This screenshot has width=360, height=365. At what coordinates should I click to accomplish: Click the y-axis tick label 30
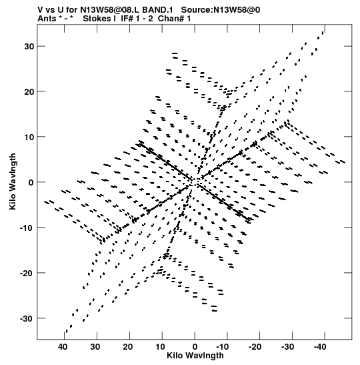[x=29, y=46]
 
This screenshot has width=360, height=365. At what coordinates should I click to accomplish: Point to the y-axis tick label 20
[x=29, y=91]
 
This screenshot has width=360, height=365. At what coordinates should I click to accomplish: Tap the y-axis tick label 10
[x=29, y=137]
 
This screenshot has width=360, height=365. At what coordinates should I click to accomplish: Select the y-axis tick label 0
[x=31, y=182]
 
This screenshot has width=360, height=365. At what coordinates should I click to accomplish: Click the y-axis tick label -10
[x=27, y=228]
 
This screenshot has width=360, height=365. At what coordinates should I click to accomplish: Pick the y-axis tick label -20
[x=27, y=273]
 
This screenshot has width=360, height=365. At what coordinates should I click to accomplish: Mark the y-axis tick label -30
[x=27, y=318]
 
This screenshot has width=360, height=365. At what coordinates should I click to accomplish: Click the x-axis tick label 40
[x=63, y=346]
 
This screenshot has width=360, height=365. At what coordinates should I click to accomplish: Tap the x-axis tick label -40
[x=320, y=346]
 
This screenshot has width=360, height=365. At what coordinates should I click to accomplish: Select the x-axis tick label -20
[x=255, y=346]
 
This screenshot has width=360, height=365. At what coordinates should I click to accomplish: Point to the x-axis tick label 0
[x=195, y=346]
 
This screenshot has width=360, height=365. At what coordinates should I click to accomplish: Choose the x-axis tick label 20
[x=128, y=346]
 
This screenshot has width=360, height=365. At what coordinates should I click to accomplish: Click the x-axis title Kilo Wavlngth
[x=195, y=356]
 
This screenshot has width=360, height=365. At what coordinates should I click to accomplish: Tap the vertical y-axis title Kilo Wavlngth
[x=13, y=181]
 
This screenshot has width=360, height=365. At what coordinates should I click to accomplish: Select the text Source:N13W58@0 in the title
[x=221, y=10]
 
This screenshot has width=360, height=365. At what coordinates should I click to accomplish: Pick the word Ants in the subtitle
[x=47, y=19]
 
